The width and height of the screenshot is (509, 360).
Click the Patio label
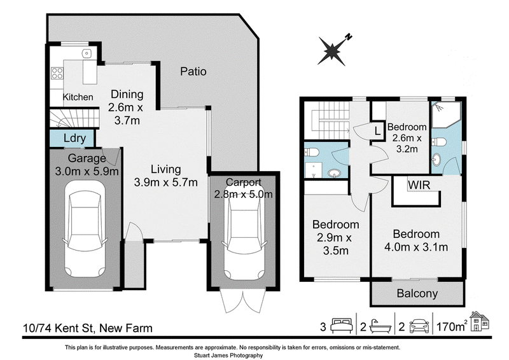(x=193, y=71)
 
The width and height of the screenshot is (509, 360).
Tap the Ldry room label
(x=74, y=138)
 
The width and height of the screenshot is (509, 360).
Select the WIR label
(x=419, y=185)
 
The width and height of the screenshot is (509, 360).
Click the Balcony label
(x=417, y=293)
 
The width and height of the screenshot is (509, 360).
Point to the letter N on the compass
(x=348, y=37)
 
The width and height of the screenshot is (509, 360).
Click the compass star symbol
(x=331, y=52)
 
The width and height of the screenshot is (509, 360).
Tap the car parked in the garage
(x=85, y=229)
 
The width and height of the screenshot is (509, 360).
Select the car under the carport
(x=244, y=233)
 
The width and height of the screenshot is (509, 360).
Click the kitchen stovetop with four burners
(x=57, y=73)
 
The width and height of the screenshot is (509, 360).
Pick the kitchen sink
(x=87, y=53)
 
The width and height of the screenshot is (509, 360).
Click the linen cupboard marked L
(x=377, y=132)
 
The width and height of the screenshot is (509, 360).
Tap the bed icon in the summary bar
(x=341, y=326)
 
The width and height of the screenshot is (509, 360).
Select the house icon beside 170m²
(x=480, y=321)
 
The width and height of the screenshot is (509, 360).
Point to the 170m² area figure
(x=452, y=326)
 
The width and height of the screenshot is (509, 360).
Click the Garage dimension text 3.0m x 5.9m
(x=87, y=171)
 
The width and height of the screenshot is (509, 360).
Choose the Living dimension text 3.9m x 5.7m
(x=165, y=182)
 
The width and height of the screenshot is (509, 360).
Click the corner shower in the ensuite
(x=446, y=114)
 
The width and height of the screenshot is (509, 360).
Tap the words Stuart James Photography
(x=228, y=356)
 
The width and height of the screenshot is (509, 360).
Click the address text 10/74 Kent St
(x=59, y=328)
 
